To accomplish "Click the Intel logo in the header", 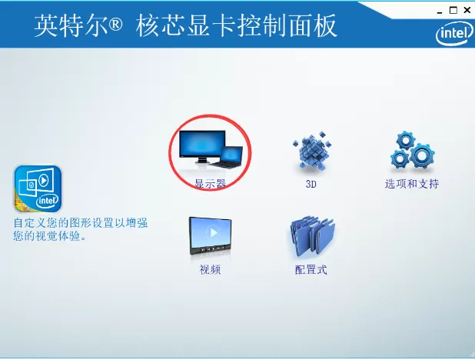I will (x=452, y=33).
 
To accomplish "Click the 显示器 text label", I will (x=209, y=185).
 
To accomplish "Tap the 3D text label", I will (x=311, y=185).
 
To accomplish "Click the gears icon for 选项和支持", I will (x=411, y=152).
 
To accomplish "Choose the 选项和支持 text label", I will (x=412, y=185).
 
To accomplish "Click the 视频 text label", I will (x=210, y=270).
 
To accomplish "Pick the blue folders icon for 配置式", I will (x=311, y=237).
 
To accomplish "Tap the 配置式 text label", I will (x=311, y=270).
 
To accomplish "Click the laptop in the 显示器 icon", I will (x=226, y=157).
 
